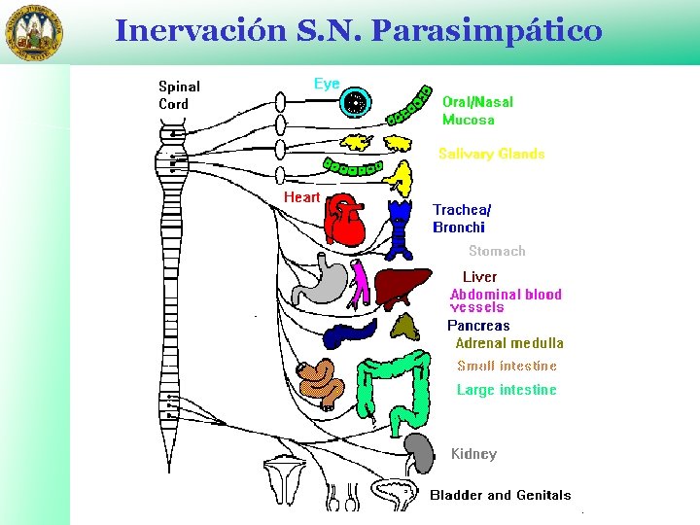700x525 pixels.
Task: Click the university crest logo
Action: (32, 32)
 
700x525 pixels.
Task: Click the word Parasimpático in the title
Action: (487, 31)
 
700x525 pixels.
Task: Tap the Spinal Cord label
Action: (179, 95)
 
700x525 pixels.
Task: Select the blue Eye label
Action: (327, 85)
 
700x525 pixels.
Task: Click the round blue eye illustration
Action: (357, 100)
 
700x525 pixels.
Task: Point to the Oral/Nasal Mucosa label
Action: (477, 111)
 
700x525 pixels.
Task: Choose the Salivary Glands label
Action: (491, 154)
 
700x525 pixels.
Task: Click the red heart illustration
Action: (344, 219)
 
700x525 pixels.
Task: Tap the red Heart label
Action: (301, 197)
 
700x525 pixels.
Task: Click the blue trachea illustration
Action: (400, 229)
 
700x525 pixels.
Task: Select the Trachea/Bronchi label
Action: (461, 219)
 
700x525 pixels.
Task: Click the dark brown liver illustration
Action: (402, 288)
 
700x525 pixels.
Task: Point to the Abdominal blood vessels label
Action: (506, 299)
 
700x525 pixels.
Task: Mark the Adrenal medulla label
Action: (508, 343)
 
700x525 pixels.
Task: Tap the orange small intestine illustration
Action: (321, 383)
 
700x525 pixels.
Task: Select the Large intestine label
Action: (507, 390)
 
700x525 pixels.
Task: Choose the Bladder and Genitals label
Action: (501, 495)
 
